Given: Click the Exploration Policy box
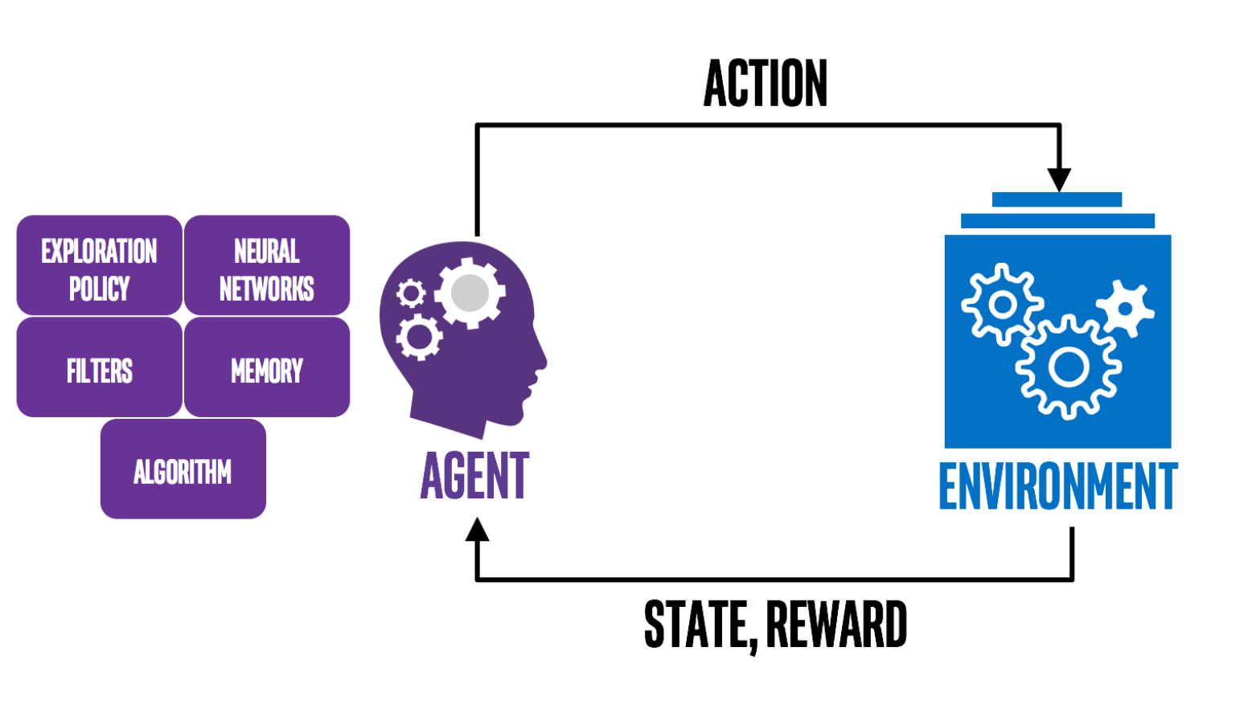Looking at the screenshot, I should [99, 265].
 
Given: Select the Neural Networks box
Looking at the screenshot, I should [267, 265].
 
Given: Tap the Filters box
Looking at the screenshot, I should [99, 367].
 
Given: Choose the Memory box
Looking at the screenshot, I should [267, 367].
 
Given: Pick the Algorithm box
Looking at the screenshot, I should [183, 469].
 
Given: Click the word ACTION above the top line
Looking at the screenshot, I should [766, 84].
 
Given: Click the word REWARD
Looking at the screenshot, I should [836, 625].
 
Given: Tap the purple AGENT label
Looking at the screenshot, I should [475, 476].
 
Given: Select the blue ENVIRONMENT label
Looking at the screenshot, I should [1058, 486].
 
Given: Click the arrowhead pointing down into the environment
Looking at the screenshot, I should [1059, 180].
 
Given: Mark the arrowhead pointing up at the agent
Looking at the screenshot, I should [477, 530].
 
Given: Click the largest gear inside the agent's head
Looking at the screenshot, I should [470, 293].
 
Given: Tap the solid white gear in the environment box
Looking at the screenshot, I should [1125, 308].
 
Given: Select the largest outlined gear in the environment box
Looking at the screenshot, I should [1068, 368].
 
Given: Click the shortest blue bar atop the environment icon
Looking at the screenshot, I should [1057, 199].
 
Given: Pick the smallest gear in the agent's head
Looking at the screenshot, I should [411, 293].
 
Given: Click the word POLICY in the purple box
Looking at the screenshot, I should [99, 288].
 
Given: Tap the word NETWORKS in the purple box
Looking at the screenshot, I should [267, 288].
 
